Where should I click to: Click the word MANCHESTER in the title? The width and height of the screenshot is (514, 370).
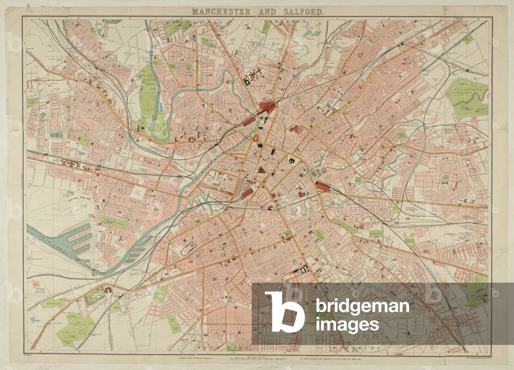223,11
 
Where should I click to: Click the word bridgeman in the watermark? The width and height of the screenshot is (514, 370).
362,306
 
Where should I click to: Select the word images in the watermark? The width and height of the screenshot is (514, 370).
347,324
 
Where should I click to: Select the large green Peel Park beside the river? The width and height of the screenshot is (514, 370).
148,95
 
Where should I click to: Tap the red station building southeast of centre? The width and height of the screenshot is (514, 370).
322,187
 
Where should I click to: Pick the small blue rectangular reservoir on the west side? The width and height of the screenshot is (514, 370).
57,135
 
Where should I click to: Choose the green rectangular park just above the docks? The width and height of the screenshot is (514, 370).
113,221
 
